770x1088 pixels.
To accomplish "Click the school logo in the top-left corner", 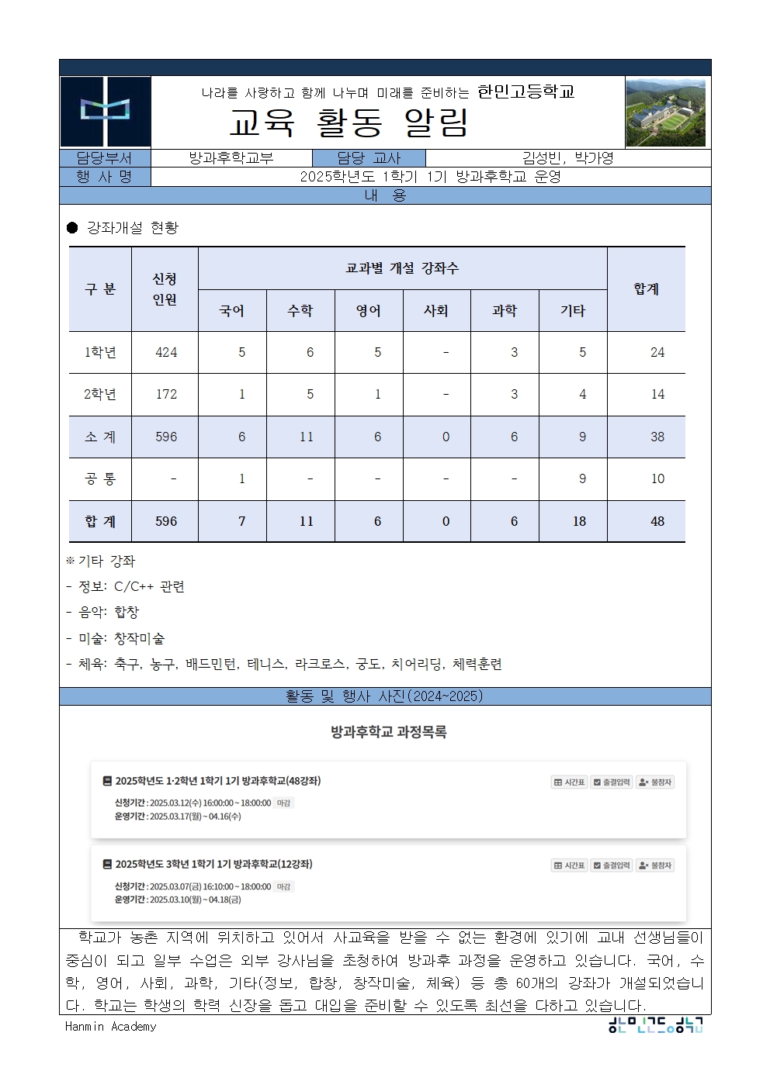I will [106, 112].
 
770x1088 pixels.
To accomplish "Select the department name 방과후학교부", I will [231, 158].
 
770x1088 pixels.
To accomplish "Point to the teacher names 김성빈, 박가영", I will [567, 158].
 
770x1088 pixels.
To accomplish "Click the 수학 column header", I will [300, 311].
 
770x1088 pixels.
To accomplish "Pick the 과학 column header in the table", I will [505, 311].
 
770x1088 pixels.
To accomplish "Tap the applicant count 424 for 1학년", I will [166, 353].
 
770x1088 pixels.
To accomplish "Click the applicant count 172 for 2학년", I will [166, 395].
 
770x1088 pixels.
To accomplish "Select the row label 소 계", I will [100, 437].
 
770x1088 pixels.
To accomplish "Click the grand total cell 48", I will [657, 521].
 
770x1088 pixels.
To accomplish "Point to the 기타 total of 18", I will [579, 521].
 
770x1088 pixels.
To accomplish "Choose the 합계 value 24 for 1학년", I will [657, 353].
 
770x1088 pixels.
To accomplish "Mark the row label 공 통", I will [100, 479].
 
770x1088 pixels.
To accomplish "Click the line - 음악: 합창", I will [103, 613].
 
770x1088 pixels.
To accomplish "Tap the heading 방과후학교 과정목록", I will [388, 731].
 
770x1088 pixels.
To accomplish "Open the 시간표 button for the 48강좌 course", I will [569, 782].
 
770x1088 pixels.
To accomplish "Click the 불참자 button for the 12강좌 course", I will [655, 865].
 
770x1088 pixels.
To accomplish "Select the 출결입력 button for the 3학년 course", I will [612, 865].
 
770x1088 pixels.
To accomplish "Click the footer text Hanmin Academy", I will [111, 1027].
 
